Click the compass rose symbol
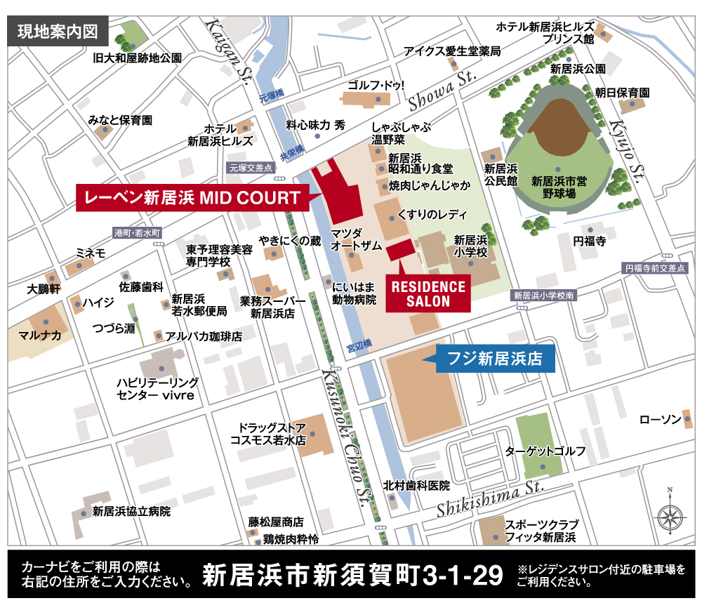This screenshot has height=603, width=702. (670, 516)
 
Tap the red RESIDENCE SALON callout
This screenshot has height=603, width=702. (428, 293)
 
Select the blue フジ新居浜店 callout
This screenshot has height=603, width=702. (496, 359)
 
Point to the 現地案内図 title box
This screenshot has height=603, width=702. (58, 32)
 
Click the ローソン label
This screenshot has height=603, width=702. (660, 420)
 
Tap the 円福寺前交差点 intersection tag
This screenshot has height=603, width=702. (654, 268)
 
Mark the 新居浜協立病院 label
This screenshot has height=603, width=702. (131, 511)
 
